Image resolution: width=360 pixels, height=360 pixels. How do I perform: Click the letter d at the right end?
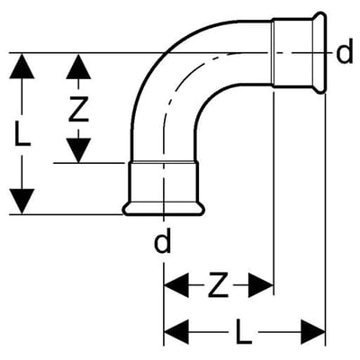(x=345, y=54)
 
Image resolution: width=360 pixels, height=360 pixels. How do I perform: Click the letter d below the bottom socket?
(x=162, y=240)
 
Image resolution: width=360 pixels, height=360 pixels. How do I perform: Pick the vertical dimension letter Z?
(x=78, y=109)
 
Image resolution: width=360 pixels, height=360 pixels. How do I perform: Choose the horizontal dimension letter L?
(x=244, y=332)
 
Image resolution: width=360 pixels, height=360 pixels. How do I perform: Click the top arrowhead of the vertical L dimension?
(x=22, y=66)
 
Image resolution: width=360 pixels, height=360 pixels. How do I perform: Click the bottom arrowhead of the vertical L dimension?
(x=22, y=202)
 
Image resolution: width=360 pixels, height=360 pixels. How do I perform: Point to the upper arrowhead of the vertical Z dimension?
(x=78, y=66)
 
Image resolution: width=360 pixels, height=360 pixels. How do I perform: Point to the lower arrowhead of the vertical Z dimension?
(x=78, y=150)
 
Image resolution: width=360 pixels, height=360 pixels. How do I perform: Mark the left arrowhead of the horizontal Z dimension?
(x=176, y=285)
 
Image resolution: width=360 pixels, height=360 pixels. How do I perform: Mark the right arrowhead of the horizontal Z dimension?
(x=261, y=285)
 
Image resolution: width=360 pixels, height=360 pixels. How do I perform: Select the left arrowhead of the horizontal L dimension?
(x=176, y=332)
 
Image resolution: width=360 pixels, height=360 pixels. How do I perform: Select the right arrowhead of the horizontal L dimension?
(x=313, y=332)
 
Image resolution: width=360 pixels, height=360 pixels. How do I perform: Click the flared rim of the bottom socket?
(x=164, y=209)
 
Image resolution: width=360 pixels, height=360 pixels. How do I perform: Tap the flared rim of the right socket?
(x=319, y=53)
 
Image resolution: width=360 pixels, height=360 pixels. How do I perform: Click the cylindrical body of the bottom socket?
(x=164, y=183)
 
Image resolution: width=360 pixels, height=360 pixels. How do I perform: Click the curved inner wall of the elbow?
(x=210, y=96)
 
